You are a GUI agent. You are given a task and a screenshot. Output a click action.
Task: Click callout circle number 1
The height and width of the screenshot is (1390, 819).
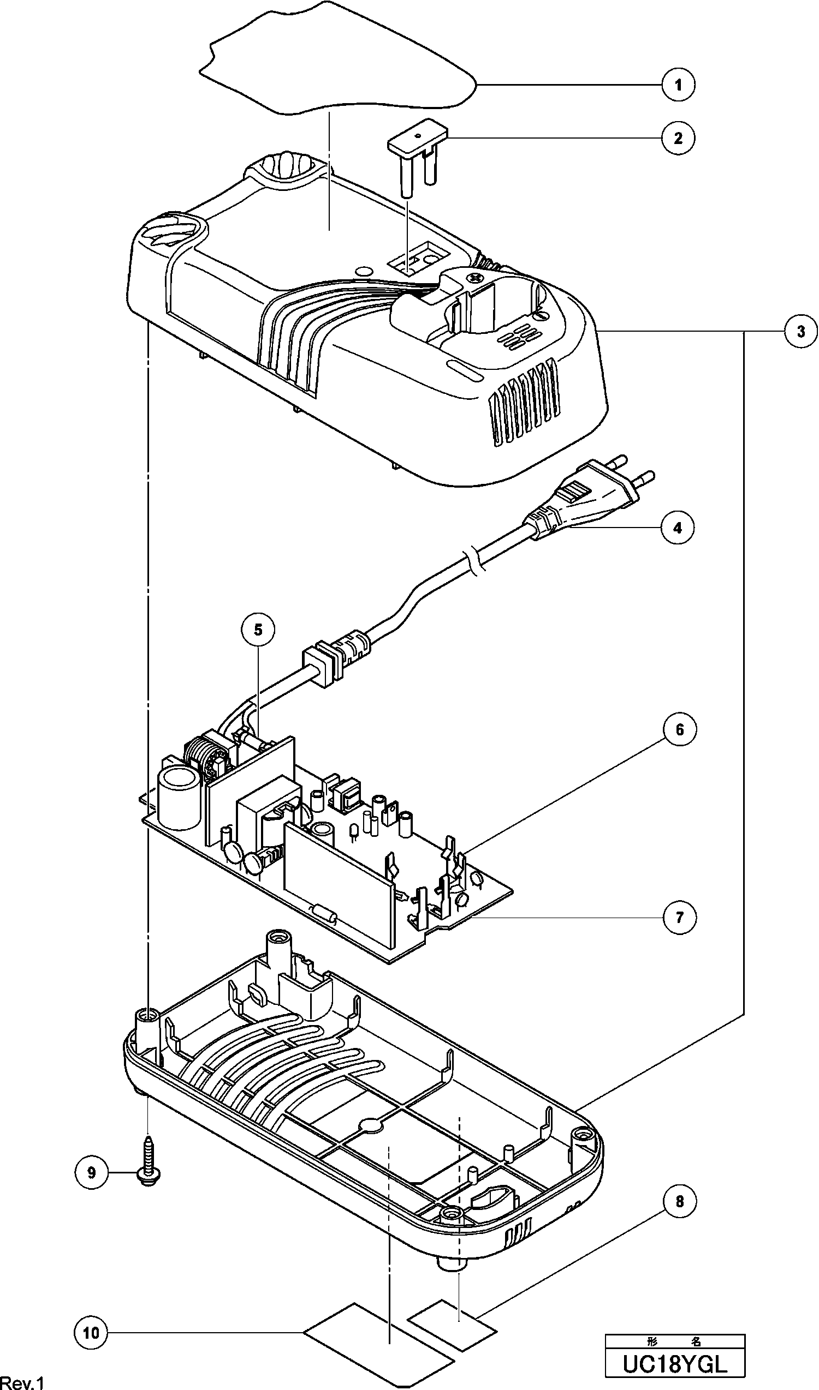(x=678, y=85)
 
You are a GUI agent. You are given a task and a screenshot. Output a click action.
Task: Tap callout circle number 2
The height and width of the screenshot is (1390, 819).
(x=678, y=137)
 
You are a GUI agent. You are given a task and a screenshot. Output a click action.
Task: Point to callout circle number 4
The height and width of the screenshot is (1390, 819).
(x=678, y=528)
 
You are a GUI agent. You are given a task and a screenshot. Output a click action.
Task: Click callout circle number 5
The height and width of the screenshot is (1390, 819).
(x=259, y=630)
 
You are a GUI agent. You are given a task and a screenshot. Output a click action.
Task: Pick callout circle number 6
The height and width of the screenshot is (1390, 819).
(x=679, y=730)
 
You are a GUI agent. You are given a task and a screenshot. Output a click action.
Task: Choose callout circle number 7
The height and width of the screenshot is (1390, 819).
(x=679, y=917)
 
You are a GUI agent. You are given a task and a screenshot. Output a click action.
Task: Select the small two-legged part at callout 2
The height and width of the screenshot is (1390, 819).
(x=418, y=155)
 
